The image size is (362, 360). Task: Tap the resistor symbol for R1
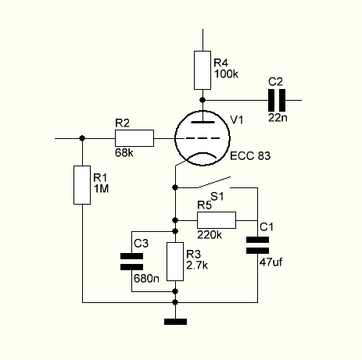coord(82,185)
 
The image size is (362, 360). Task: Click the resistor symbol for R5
coord(216,219)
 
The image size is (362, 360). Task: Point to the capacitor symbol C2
coord(276,99)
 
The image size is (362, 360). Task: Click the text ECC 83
coord(252,156)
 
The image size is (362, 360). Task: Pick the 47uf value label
coord(270,262)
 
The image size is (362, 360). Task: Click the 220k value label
coord(210,234)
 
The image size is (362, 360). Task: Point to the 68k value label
coord(124,153)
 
